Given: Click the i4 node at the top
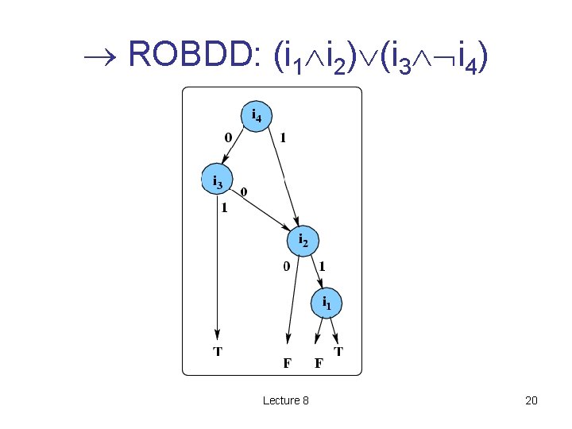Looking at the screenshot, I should pos(256,116).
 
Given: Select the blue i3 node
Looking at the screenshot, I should pos(215,181).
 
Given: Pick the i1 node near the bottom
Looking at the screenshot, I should pos(327,302).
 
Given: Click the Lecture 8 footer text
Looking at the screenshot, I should pos(286,400).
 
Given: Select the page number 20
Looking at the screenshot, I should pos(531,400).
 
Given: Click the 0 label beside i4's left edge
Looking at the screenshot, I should pos(228,137).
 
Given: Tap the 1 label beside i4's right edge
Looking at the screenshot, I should pos(283,137).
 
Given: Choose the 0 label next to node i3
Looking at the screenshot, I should pos(244,191).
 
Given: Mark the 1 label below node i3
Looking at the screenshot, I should pos(225,209).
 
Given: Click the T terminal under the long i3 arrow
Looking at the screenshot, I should pos(217,350).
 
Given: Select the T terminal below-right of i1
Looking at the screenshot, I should pos(338,350).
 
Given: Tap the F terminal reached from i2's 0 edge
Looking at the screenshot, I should pos(288,364).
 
